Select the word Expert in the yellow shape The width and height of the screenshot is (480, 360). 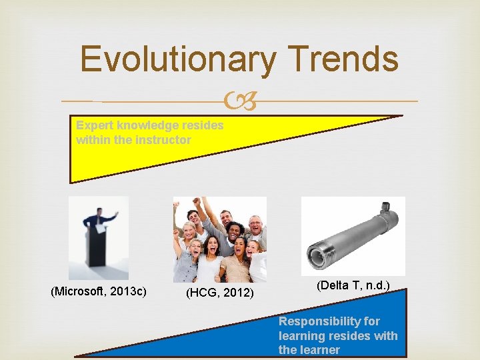[94, 125]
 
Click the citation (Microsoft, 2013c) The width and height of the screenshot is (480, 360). [99, 291]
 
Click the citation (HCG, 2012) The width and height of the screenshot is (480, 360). [220, 293]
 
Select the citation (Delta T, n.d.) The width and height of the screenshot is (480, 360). [353, 285]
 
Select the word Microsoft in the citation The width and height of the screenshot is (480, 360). [84, 291]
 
